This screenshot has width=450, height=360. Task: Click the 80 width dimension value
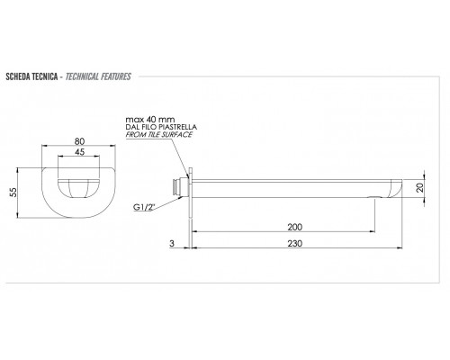tap(79, 141)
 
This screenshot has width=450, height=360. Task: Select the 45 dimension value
tap(79, 152)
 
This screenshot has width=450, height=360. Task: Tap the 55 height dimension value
tap(13, 193)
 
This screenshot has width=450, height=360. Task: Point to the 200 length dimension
tap(295, 227)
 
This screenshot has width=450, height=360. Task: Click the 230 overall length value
tap(295, 243)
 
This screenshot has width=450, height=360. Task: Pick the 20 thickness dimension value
tap(420, 188)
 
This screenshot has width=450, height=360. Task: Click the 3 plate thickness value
tap(172, 243)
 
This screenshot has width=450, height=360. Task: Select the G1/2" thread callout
tap(144, 207)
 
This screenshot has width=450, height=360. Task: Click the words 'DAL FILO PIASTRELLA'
tap(161, 127)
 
